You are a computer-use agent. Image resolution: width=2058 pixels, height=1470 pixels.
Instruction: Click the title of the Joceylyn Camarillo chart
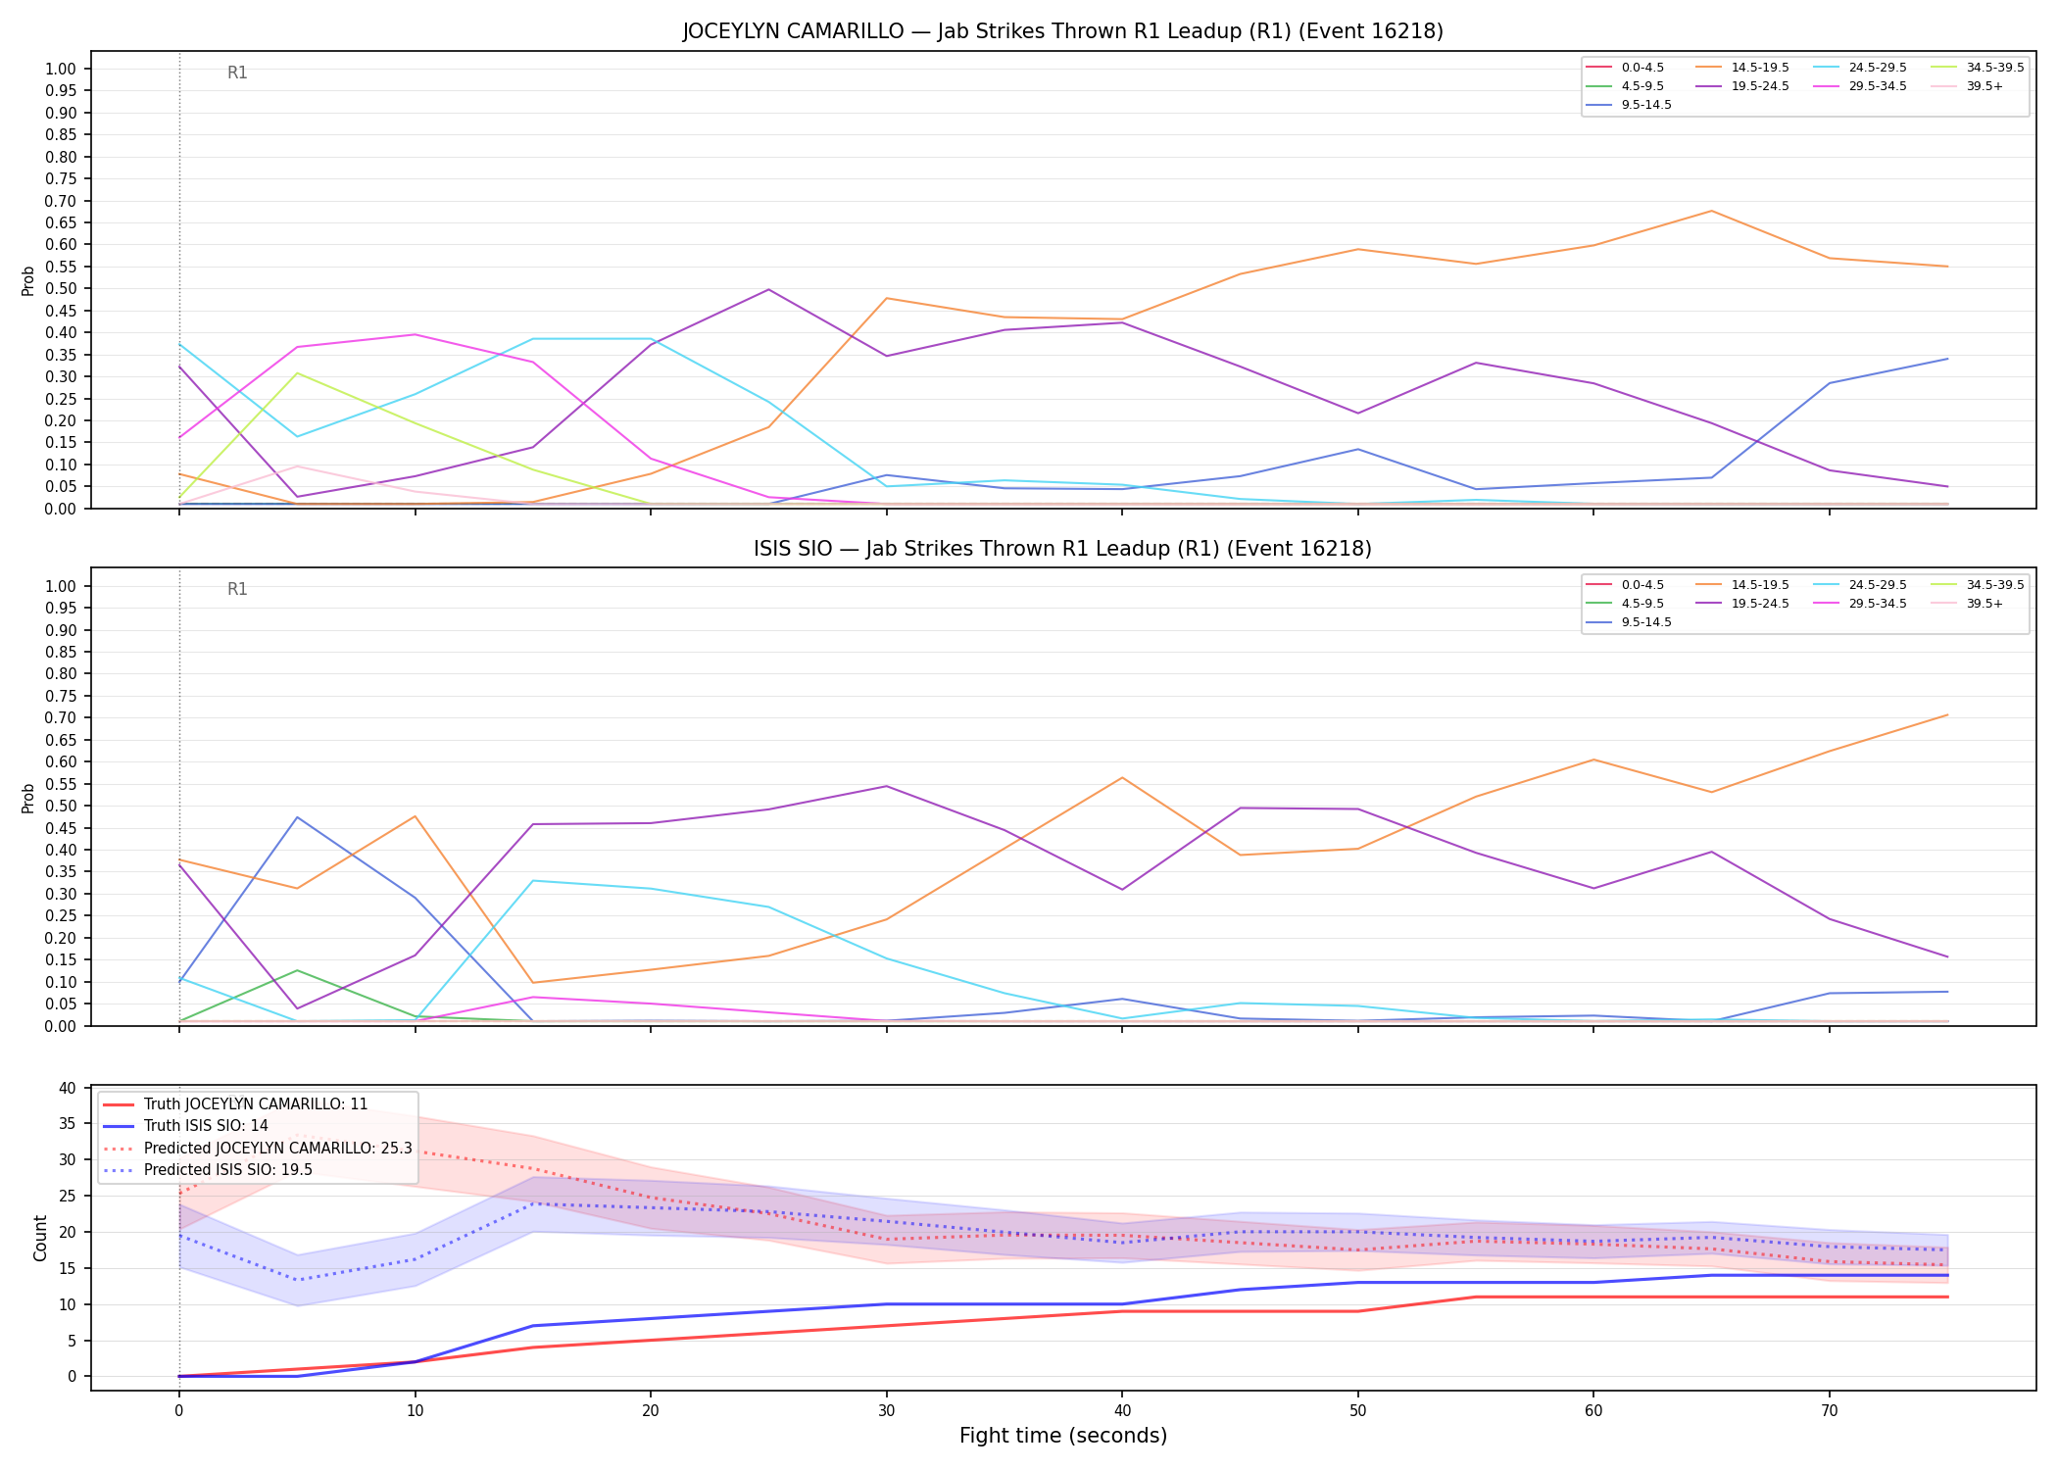1063,31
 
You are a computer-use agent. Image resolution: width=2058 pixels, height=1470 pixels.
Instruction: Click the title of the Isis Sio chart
1063,549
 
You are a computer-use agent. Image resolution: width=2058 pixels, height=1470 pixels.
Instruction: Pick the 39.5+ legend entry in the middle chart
1969,604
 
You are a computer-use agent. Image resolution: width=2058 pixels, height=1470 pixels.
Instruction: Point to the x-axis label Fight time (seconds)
1063,1436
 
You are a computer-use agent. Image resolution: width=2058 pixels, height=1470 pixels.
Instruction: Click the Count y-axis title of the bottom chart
40,1238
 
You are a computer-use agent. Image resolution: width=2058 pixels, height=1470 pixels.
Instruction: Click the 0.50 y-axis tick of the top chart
61,289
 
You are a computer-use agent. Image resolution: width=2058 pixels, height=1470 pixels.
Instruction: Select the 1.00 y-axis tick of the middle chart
61,586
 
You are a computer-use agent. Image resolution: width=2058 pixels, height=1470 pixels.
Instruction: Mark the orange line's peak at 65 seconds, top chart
1711,211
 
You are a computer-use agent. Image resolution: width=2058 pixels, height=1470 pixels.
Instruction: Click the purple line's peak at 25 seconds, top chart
769,289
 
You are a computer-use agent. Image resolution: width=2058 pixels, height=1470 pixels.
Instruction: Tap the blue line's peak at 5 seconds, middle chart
297,817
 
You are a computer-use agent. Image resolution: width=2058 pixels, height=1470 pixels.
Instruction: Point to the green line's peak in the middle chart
297,970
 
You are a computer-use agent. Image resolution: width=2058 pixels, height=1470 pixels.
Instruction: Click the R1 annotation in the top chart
237,73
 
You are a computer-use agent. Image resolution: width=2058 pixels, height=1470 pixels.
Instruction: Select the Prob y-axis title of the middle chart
28,798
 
